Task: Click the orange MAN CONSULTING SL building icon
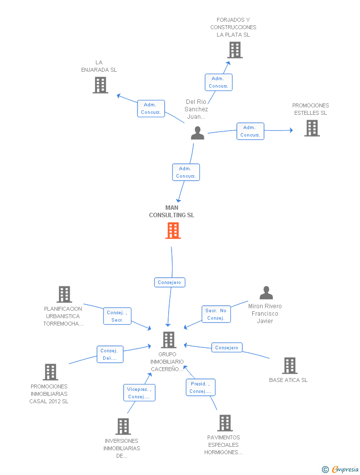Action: (x=173, y=231)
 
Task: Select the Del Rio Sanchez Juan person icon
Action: (x=197, y=133)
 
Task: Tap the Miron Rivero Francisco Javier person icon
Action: (x=266, y=293)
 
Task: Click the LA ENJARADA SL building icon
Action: (x=100, y=85)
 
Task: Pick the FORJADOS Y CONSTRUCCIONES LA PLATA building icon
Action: (x=235, y=50)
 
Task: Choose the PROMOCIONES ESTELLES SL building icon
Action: (x=312, y=128)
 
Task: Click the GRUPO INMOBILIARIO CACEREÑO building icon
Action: (x=169, y=340)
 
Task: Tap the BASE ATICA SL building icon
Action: (x=289, y=366)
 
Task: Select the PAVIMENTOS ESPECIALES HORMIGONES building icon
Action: (x=225, y=423)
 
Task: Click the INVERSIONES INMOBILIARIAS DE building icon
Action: (x=123, y=426)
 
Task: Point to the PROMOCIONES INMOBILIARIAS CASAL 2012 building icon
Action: (x=50, y=372)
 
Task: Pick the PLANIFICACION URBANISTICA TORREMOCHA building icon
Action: (x=64, y=294)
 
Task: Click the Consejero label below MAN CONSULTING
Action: (x=170, y=283)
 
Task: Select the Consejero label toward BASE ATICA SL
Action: (x=227, y=348)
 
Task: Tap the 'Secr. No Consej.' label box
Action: (x=216, y=314)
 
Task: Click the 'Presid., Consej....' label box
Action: (x=200, y=387)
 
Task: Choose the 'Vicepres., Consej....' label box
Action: (x=139, y=393)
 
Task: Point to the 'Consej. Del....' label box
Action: (x=110, y=354)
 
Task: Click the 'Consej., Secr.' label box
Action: (x=117, y=316)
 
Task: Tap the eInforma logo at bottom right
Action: (x=341, y=469)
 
